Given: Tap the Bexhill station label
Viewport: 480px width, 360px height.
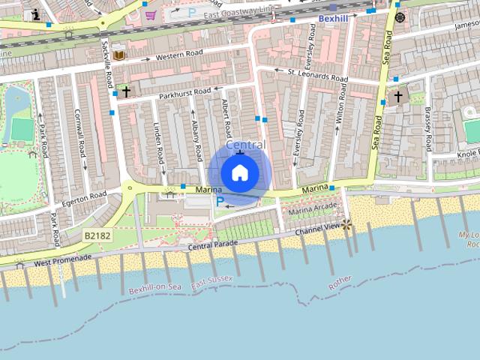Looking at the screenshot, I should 334,18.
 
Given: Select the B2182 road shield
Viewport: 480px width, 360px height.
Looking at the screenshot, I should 97,235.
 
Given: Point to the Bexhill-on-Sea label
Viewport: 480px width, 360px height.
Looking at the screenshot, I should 154,289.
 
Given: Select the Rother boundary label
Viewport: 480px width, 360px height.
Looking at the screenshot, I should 340,282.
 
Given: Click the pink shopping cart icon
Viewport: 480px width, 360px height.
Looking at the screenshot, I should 151,14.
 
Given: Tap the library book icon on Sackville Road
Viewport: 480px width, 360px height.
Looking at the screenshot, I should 120,55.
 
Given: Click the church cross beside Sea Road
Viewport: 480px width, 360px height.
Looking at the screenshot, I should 398,97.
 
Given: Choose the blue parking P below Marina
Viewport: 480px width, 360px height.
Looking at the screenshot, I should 220,201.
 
